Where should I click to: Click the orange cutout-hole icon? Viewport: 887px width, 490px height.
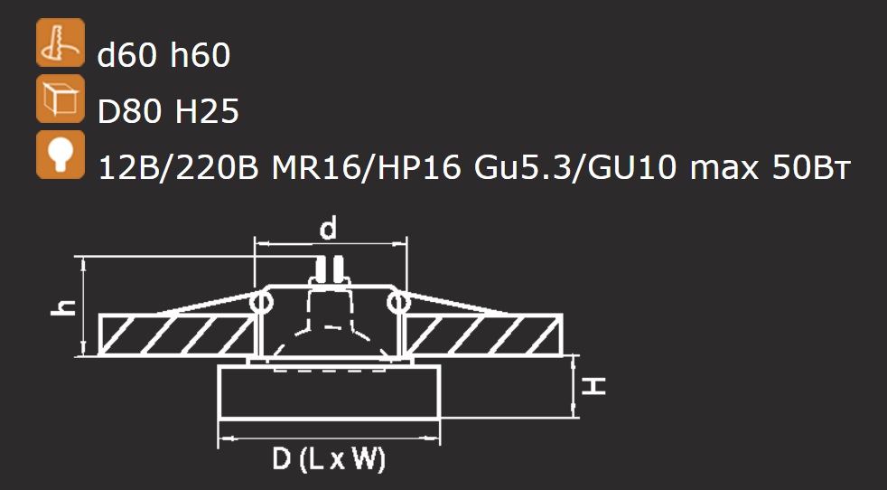61,42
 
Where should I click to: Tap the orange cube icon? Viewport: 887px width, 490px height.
61,99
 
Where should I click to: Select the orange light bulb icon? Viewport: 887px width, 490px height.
61,155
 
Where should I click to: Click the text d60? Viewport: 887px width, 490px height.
126,56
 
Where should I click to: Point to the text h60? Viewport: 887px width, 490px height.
201,56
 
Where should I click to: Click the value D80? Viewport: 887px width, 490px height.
129,112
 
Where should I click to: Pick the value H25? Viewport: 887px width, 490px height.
207,112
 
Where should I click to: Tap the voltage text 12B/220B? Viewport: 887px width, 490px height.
178,168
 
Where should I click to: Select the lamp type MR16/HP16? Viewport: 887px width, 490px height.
366,168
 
